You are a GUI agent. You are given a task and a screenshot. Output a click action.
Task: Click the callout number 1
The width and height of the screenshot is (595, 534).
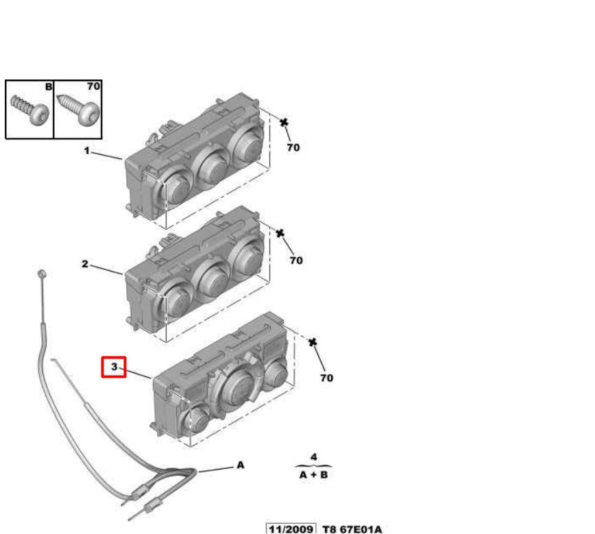tap(87, 150)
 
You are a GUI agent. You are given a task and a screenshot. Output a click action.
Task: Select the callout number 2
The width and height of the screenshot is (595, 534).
tap(86, 264)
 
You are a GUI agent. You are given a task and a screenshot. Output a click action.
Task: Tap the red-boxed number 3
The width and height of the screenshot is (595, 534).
tap(114, 367)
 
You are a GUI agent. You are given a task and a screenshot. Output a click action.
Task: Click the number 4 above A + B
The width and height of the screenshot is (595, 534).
tap(313, 457)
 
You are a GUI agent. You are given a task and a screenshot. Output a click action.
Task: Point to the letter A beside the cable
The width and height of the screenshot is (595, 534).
tap(240, 465)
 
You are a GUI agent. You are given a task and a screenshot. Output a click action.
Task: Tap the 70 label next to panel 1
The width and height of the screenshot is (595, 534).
tap(293, 147)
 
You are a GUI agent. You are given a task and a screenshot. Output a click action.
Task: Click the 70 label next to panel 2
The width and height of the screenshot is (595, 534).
tap(295, 260)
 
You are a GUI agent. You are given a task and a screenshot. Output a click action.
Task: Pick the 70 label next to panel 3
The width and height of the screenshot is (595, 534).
tap(326, 378)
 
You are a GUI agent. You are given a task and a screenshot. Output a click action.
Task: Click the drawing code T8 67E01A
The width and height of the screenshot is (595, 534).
tap(352, 529)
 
